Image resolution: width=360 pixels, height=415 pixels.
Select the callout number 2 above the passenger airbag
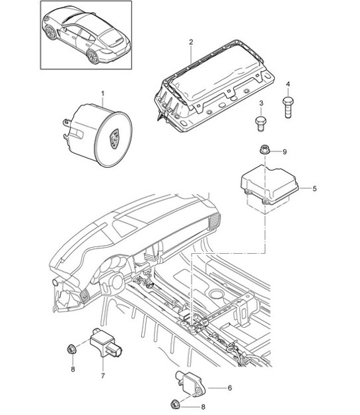190,42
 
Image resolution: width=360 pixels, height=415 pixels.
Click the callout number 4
289,83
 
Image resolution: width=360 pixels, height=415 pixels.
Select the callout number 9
285,152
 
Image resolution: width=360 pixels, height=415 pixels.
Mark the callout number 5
314,189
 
